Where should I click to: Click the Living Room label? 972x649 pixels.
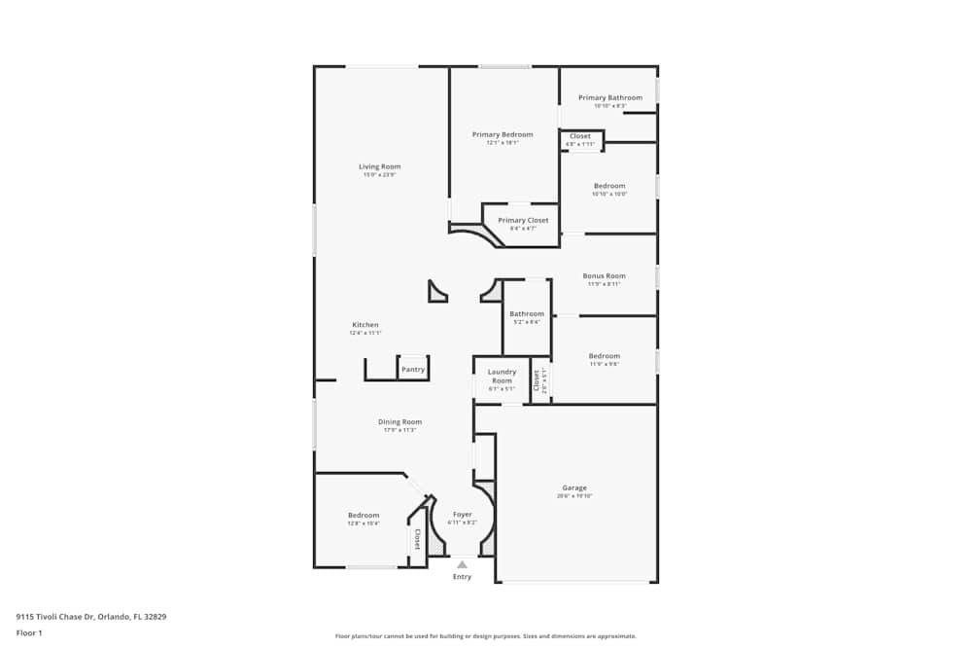point(379,166)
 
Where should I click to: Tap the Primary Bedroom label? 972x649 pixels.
point(503,134)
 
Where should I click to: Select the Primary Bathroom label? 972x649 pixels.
point(609,97)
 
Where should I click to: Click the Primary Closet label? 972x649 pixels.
point(523,220)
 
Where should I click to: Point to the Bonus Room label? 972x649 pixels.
point(604,275)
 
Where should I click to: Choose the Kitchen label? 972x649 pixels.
point(364,324)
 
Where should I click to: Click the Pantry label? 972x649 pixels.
point(413,369)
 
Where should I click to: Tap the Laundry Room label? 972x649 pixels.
point(502,376)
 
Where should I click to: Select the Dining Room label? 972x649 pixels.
point(399,421)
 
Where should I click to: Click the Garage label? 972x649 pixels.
point(573,487)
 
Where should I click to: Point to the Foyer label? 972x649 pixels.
point(462,514)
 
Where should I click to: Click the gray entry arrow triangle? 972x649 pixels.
point(462,564)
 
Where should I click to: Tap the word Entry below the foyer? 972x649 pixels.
point(462,577)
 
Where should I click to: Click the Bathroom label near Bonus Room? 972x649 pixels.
point(527,313)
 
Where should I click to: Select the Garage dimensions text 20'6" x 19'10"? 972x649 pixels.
point(573,496)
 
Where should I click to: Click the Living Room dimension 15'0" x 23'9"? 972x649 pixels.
point(379,175)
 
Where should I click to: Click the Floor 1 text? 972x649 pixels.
point(29,632)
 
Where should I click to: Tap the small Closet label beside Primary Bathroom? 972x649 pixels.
point(580,136)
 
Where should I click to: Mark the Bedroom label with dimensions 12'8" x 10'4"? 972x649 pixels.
point(364,515)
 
